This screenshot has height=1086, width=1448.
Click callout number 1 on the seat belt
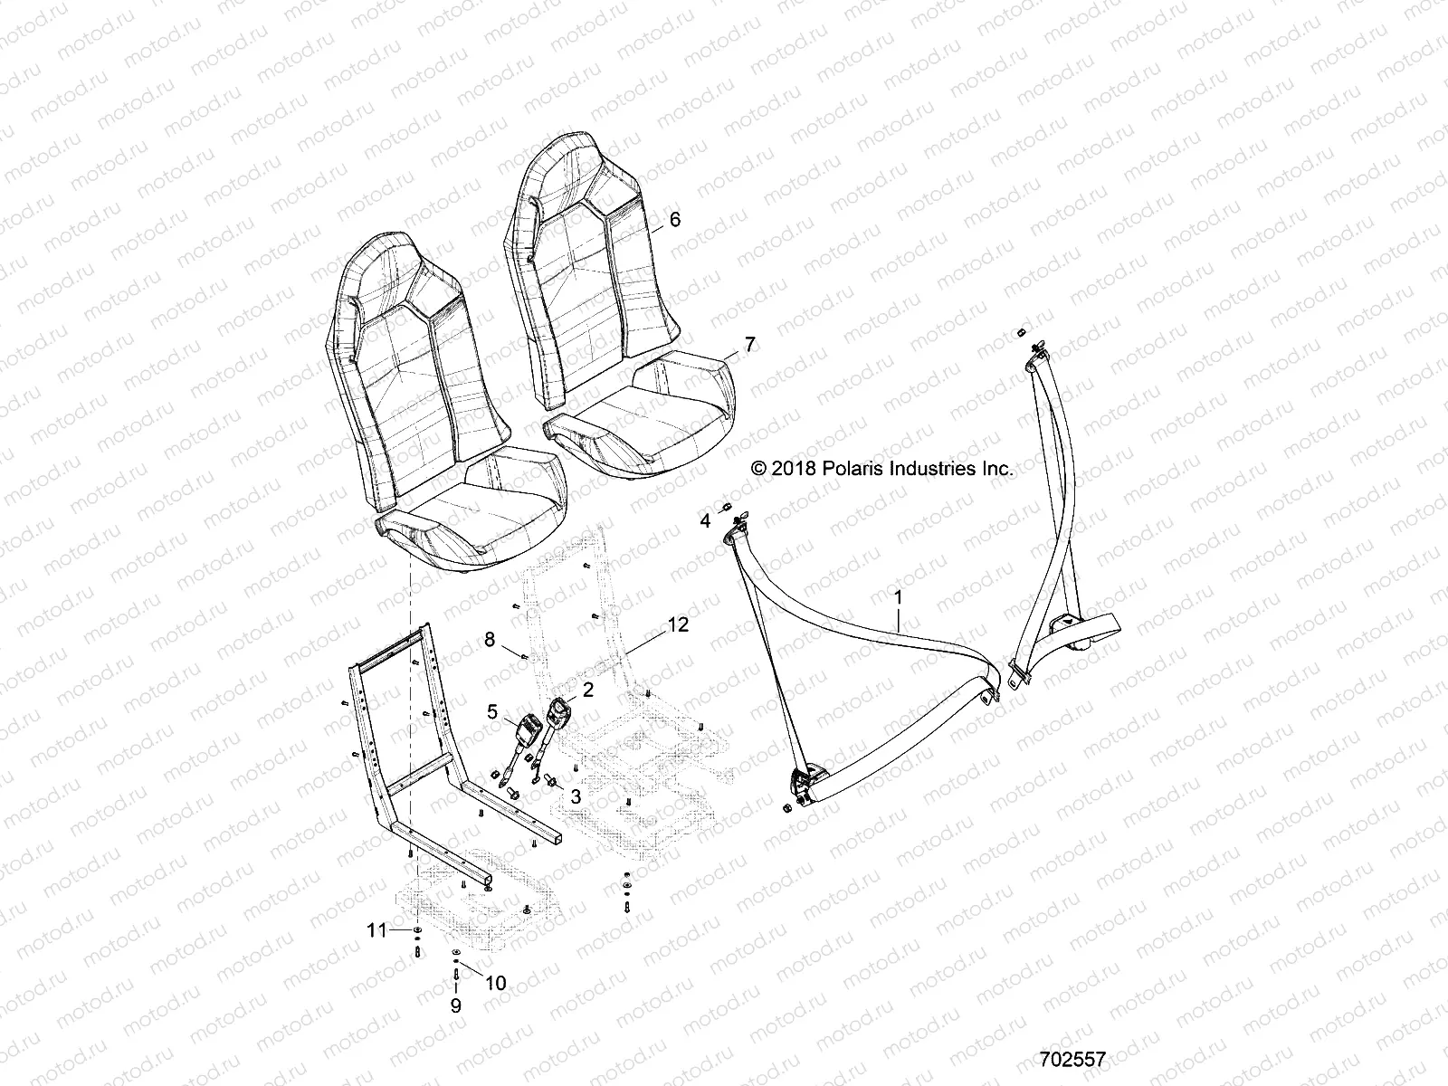(x=898, y=597)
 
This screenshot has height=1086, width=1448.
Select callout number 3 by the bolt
(x=574, y=795)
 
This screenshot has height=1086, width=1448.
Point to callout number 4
(x=704, y=520)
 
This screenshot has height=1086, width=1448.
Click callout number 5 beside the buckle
(x=492, y=687)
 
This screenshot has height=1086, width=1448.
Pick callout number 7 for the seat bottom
(x=748, y=344)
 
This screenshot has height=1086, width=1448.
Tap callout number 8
(x=490, y=640)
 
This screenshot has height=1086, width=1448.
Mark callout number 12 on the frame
(x=679, y=624)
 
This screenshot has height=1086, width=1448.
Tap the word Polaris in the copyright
(x=850, y=469)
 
